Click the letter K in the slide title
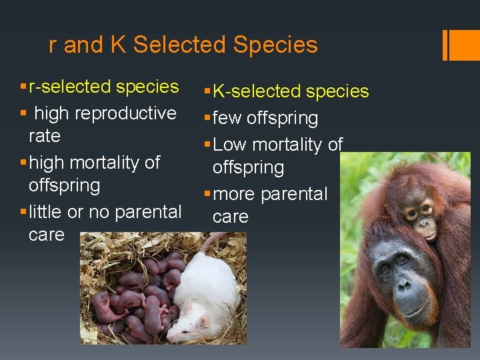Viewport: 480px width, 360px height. click(118, 45)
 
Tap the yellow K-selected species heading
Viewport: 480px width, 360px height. click(291, 91)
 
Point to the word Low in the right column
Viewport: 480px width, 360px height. click(229, 145)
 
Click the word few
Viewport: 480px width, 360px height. click(228, 119)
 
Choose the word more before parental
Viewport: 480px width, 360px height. click(234, 195)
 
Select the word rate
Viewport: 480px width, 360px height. click(45, 136)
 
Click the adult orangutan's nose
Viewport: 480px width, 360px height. click(405, 284)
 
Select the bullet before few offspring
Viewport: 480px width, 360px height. click(207, 118)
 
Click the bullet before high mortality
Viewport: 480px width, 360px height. click(24, 162)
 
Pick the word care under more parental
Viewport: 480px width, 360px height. click(230, 217)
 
